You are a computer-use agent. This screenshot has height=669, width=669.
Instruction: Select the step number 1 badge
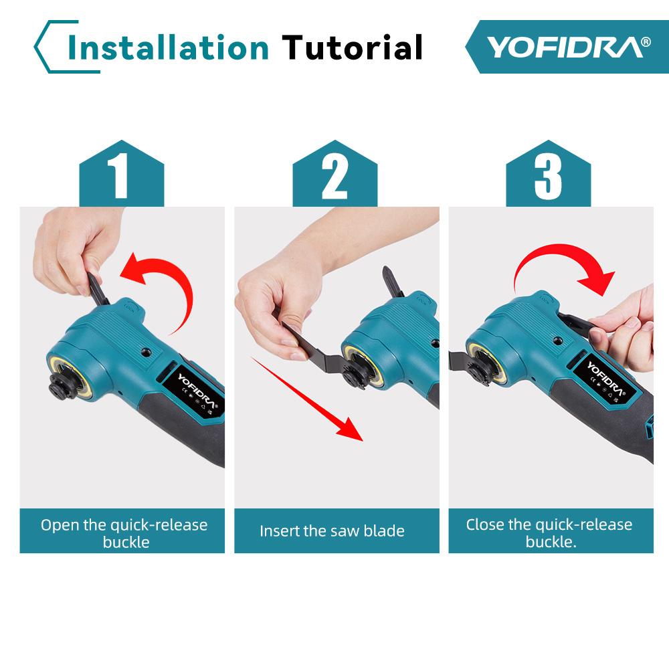(121, 176)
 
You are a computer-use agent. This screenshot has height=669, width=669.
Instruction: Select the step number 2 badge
(335, 176)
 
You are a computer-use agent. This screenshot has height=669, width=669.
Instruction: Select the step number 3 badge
(548, 176)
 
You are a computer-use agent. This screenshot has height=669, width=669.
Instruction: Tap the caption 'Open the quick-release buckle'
(124, 533)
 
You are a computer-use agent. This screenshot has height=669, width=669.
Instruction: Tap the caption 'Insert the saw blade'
(332, 531)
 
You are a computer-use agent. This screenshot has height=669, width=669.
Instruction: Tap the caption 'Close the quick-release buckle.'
(549, 533)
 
